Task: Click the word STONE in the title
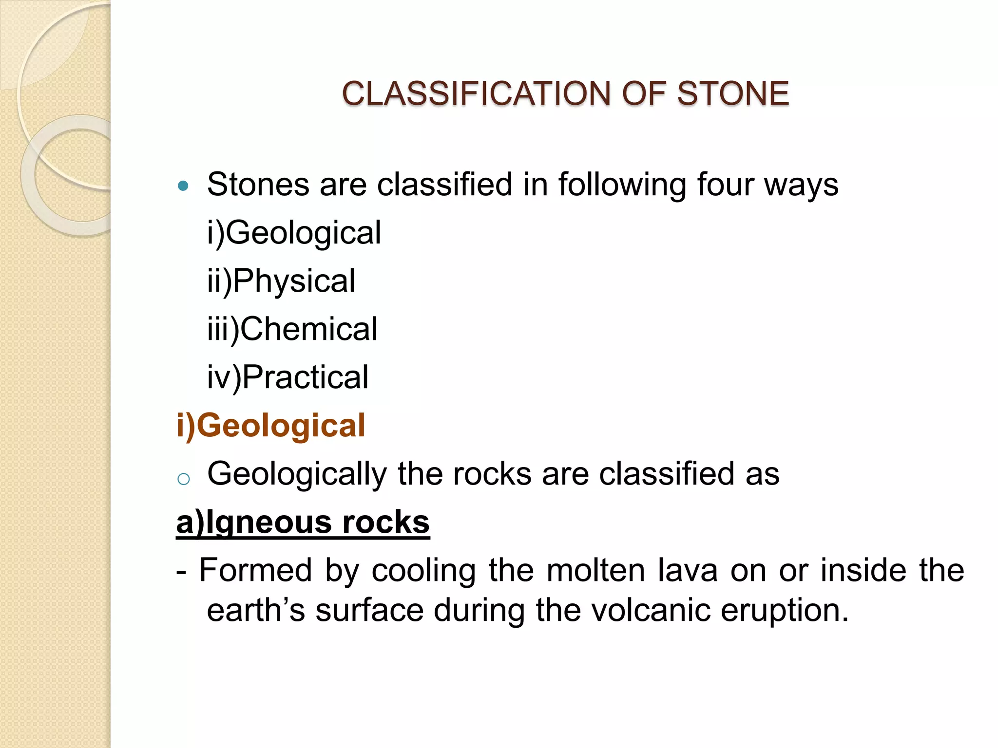click(x=732, y=93)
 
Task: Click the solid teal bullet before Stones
click(x=183, y=186)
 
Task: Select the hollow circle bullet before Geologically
click(x=183, y=479)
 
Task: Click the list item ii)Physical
click(x=281, y=281)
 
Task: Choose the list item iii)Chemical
click(x=292, y=329)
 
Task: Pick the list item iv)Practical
click(x=288, y=377)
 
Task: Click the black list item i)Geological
click(x=294, y=233)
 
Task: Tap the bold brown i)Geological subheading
click(x=270, y=425)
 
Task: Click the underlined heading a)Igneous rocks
click(x=303, y=522)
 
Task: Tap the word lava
click(x=688, y=570)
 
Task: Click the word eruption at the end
click(x=784, y=611)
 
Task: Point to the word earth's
click(x=256, y=610)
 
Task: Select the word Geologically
click(x=297, y=474)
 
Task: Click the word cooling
click(x=423, y=571)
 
